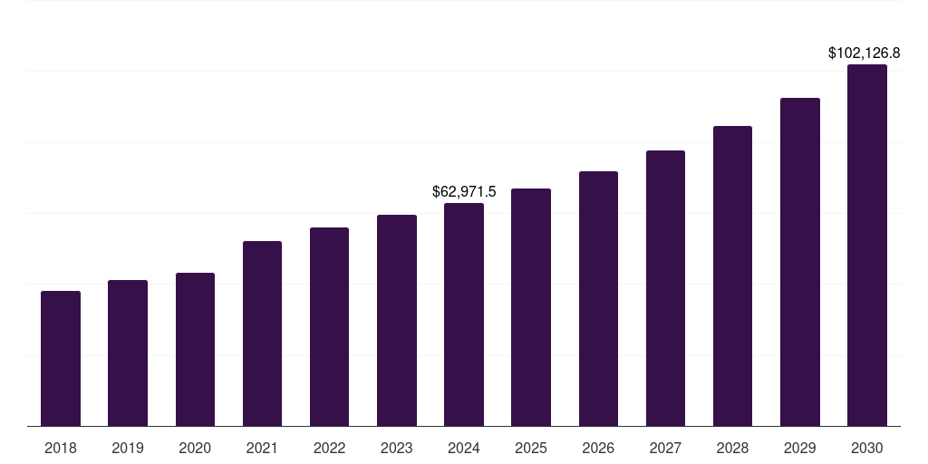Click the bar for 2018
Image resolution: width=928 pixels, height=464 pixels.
pyautogui.click(x=61, y=358)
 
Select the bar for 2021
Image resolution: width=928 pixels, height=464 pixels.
pyautogui.click(x=262, y=333)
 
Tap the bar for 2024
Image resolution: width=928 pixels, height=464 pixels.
pyautogui.click(x=464, y=314)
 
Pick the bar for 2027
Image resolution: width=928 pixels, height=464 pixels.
pyautogui.click(x=665, y=288)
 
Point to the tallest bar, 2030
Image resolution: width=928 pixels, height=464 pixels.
pyautogui.click(x=866, y=245)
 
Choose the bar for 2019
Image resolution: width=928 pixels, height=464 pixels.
pyautogui.click(x=128, y=353)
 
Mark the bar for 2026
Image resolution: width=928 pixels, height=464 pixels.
pyautogui.click(x=598, y=298)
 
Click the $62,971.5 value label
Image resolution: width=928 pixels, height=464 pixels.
pyautogui.click(x=464, y=192)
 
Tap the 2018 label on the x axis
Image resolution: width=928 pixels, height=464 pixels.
pyautogui.click(x=61, y=448)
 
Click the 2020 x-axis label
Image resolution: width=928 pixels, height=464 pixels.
pyautogui.click(x=195, y=448)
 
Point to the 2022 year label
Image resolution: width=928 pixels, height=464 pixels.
pyautogui.click(x=329, y=448)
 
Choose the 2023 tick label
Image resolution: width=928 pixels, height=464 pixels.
pyautogui.click(x=396, y=448)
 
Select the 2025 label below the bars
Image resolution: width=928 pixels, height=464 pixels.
pyautogui.click(x=531, y=448)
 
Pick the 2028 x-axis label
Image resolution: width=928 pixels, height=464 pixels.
pyautogui.click(x=732, y=448)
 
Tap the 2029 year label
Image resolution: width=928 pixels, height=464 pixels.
pyautogui.click(x=799, y=448)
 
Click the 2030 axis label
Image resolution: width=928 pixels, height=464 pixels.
pyautogui.click(x=866, y=448)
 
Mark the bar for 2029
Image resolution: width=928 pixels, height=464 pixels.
pyautogui.click(x=799, y=262)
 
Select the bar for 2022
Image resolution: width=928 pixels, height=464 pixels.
pyautogui.click(x=329, y=326)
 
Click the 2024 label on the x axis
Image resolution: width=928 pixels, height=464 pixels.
pyautogui.click(x=464, y=448)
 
